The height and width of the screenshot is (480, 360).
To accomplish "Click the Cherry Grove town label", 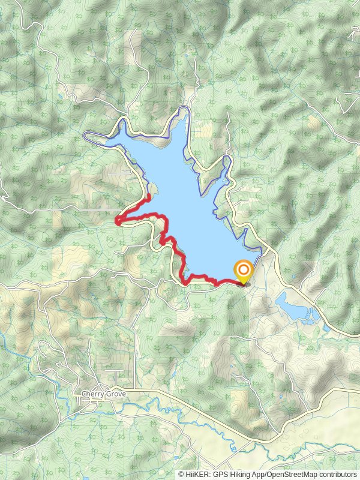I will (x=98, y=394).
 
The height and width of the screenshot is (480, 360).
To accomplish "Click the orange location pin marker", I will (x=244, y=272).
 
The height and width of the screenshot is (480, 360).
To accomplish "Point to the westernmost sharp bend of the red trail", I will (x=117, y=221).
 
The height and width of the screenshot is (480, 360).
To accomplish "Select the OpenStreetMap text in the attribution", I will (x=292, y=475).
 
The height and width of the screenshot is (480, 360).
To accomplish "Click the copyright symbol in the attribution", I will (x=181, y=475).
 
